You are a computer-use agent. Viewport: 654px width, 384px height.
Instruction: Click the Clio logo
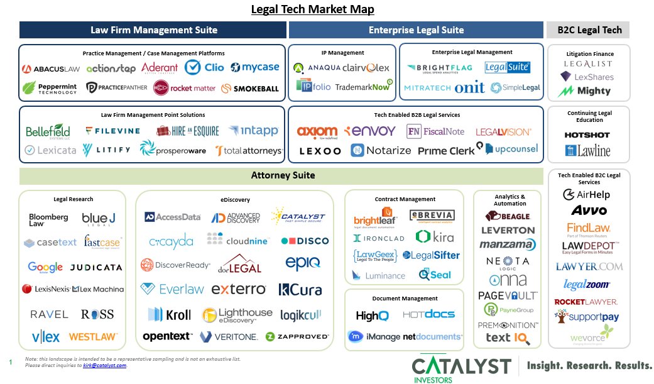tap(204, 67)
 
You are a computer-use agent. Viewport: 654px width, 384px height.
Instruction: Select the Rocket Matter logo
tap(185, 88)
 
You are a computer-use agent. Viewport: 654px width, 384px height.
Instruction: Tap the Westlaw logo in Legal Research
tap(92, 336)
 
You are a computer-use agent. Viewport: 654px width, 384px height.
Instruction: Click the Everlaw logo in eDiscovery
tap(172, 289)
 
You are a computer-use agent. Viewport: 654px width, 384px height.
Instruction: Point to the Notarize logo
tap(381, 150)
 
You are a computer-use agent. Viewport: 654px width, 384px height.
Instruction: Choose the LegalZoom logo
tap(587, 285)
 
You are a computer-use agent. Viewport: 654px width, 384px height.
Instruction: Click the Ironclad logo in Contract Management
tap(379, 238)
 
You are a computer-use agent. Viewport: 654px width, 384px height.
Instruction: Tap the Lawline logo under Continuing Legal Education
tap(587, 151)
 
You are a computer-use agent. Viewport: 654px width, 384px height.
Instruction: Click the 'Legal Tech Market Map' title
tap(312, 9)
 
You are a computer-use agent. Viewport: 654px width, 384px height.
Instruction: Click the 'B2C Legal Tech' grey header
tap(589, 30)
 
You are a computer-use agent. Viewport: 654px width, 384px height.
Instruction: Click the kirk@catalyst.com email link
tap(104, 365)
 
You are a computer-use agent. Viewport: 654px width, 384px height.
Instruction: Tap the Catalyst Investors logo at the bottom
tap(461, 367)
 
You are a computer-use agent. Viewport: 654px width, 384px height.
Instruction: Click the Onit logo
tap(469, 88)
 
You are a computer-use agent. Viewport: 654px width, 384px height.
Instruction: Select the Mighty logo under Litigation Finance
tap(585, 91)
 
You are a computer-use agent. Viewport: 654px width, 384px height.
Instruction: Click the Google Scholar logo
tap(45, 267)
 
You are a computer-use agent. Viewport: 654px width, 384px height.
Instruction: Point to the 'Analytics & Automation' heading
tap(510, 200)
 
